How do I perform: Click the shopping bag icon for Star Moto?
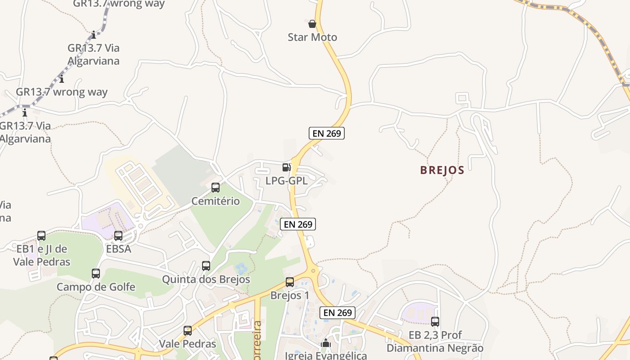pos(312,23)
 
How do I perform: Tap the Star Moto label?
pos(312,37)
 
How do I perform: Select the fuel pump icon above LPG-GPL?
pos(286,167)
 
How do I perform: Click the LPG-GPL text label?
pos(286,181)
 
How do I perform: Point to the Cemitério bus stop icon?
pos(216,188)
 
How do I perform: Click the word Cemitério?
pos(216,201)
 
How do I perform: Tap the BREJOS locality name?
pos(442,170)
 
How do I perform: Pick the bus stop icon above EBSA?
pos(118,235)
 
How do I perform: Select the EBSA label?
pos(118,248)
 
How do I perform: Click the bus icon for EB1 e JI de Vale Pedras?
pos(41,235)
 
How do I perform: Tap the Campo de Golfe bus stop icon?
pos(96,273)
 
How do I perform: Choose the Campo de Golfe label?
pos(96,287)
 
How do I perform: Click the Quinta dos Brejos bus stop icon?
pos(206,266)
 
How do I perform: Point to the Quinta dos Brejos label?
pos(206,279)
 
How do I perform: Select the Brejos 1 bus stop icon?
pos(290,282)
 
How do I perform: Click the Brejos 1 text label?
pos(290,296)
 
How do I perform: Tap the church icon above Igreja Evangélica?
pos(326,343)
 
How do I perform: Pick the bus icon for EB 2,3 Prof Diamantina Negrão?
pos(435,322)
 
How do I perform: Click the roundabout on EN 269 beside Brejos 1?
pos(313,271)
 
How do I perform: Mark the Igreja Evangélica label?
pos(326,355)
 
